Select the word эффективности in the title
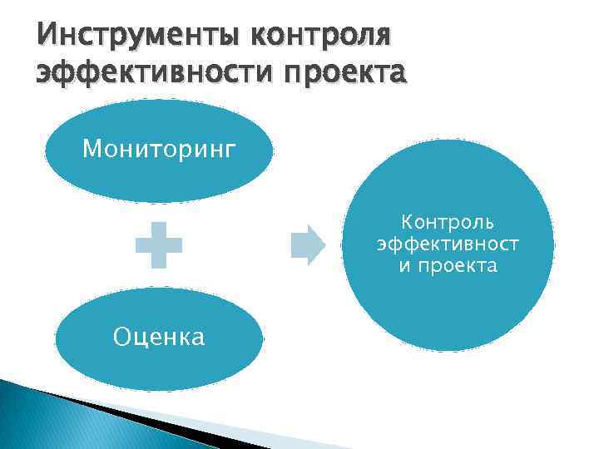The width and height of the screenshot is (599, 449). (x=155, y=72)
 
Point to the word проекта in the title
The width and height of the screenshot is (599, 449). (x=346, y=72)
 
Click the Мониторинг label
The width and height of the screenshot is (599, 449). (x=158, y=150)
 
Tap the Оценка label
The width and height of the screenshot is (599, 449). (x=158, y=337)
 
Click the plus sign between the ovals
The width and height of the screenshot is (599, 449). (x=159, y=244)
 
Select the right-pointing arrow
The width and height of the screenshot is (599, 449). (x=307, y=244)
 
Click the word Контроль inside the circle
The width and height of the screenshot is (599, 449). (x=448, y=223)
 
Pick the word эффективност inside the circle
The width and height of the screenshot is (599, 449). (x=448, y=244)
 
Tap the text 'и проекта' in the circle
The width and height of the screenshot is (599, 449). (x=448, y=266)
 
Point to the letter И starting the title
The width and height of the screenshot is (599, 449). (x=44, y=37)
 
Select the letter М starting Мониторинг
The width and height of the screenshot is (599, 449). (x=92, y=150)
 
